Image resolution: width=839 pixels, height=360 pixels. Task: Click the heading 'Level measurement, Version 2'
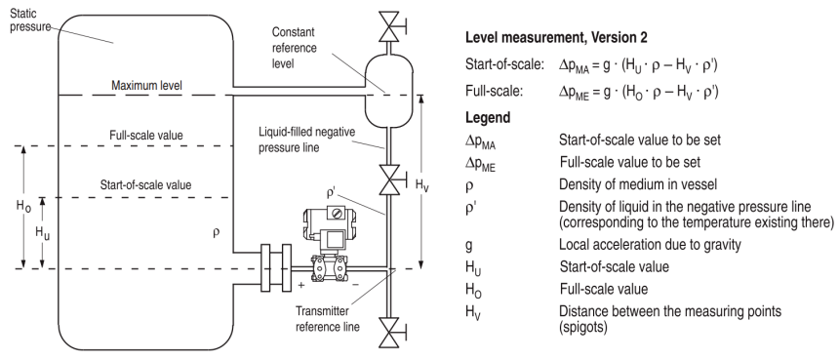(x=556, y=37)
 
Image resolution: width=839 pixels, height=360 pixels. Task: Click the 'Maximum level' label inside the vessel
(x=146, y=86)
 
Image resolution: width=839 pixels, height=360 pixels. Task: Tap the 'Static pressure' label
(x=30, y=19)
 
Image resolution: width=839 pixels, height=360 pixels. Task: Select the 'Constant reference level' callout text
(x=295, y=48)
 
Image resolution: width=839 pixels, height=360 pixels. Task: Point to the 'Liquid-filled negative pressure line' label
(x=306, y=140)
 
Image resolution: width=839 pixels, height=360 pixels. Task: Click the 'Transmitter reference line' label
(x=328, y=319)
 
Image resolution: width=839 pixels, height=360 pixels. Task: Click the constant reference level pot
(x=389, y=91)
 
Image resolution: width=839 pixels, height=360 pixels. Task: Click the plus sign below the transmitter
(x=301, y=285)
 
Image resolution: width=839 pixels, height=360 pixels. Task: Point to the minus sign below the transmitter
(x=355, y=285)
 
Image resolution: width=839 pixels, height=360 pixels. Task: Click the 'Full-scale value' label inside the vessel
(x=146, y=136)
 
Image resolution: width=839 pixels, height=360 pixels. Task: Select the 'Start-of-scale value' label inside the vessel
(x=145, y=185)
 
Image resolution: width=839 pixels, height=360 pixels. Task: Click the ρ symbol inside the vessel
(x=217, y=232)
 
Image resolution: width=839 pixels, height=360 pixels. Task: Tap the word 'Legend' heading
(x=488, y=117)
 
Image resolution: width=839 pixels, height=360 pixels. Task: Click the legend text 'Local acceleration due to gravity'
(x=650, y=245)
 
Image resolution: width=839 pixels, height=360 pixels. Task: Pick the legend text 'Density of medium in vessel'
(x=638, y=184)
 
